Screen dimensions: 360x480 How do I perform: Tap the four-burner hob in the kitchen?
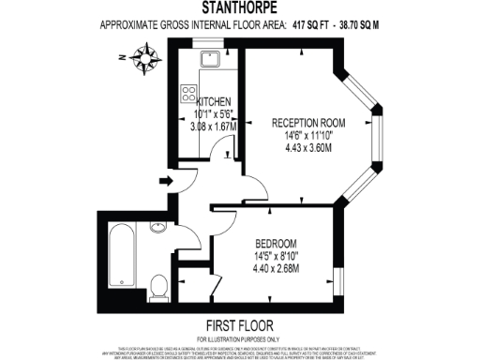pos(188,94)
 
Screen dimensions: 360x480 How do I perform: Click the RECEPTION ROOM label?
pos(308,122)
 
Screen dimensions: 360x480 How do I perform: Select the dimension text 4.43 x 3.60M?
pos(308,146)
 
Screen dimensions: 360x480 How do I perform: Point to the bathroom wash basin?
pos(158,227)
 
